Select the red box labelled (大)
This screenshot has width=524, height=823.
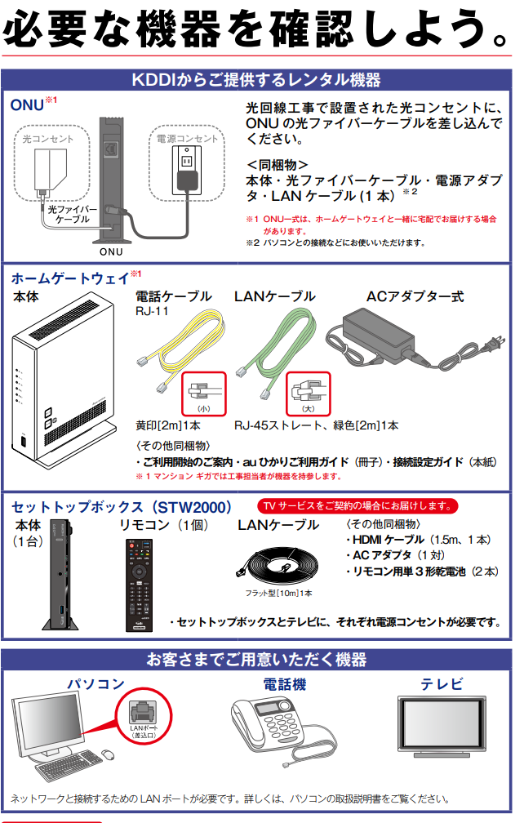coord(307,393)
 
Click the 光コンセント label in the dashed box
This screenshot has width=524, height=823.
coord(47,139)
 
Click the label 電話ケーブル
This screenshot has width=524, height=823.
coord(173,296)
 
